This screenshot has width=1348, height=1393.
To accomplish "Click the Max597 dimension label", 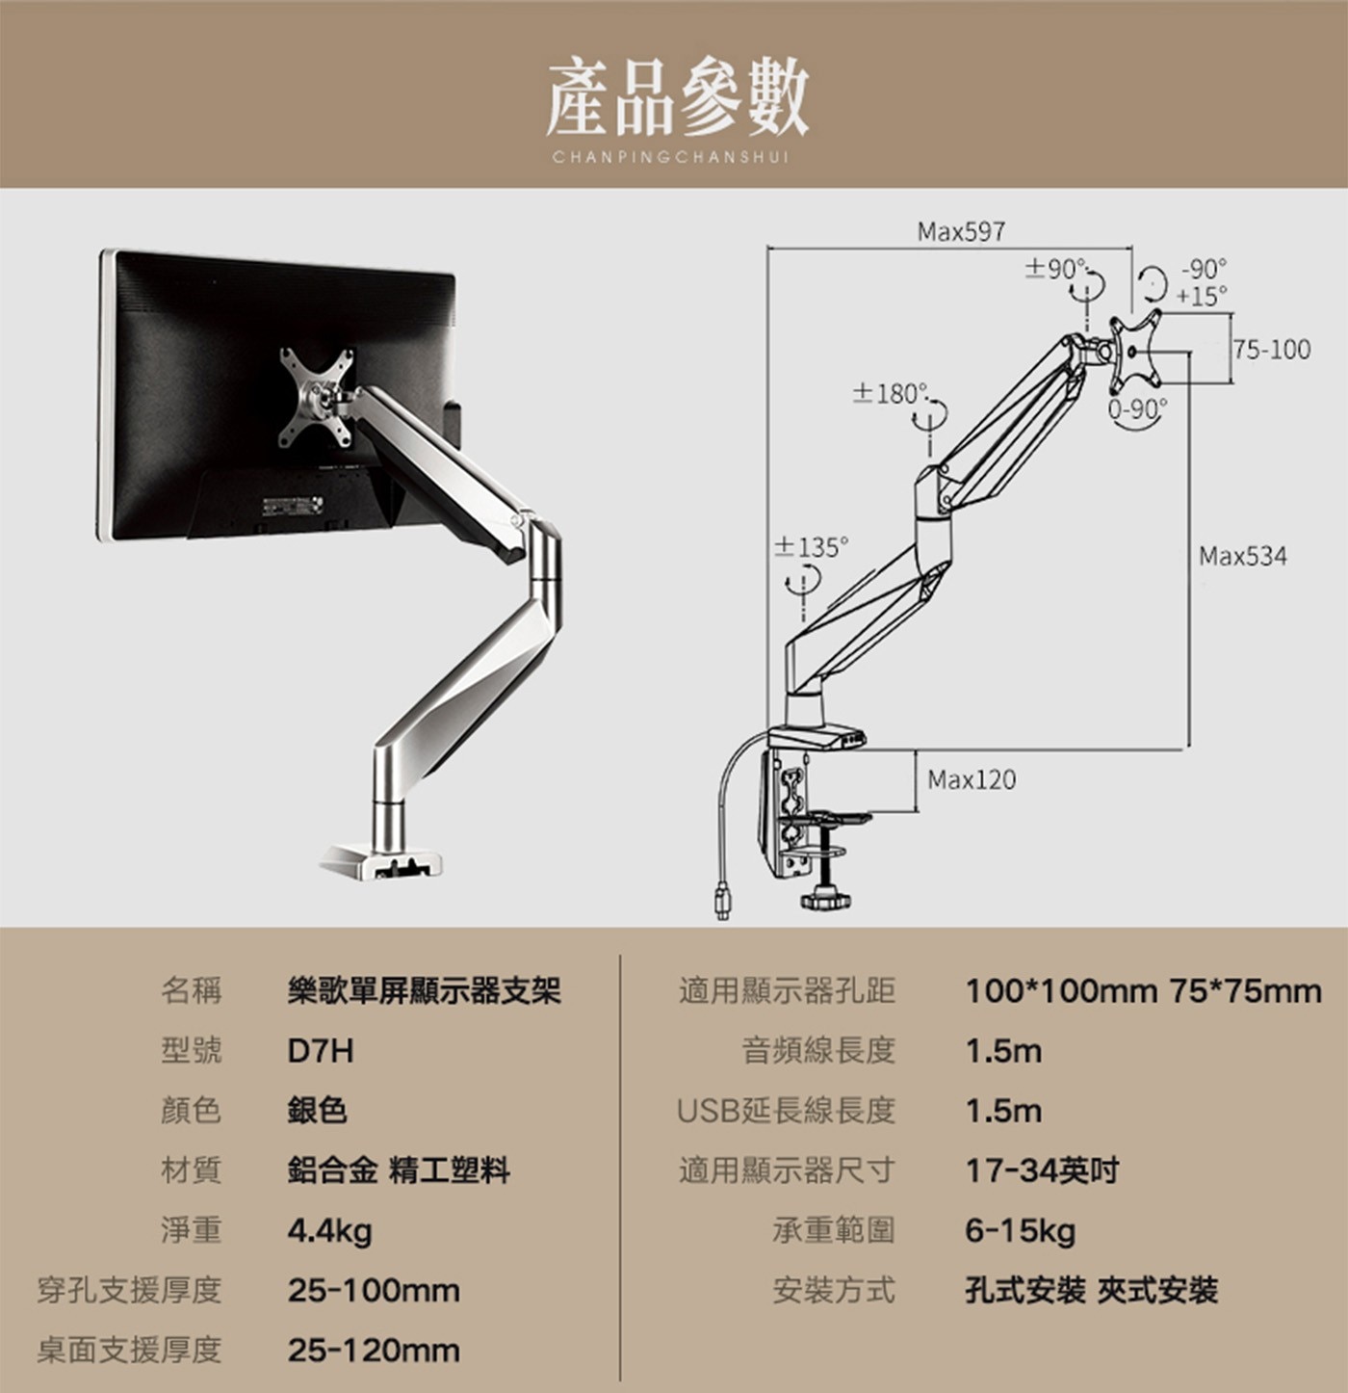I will [x=961, y=232].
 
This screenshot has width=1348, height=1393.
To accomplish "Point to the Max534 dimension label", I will [x=1242, y=556].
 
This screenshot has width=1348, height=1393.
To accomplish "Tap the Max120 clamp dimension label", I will [x=971, y=779].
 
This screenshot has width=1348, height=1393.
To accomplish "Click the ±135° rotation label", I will [x=814, y=547].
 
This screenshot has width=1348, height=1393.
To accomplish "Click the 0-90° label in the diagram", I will [x=1137, y=409].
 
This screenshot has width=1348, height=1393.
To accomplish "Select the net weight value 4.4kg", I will [x=329, y=1230].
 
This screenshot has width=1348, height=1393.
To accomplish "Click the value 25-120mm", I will [x=374, y=1350].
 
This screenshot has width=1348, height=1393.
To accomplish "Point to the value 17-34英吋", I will [x=1042, y=1170].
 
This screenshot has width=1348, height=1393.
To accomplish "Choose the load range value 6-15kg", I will [x=1020, y=1230].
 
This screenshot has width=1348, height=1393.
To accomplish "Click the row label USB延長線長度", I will [x=786, y=1111].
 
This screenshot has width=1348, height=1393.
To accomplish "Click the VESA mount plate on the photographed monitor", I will [x=316, y=397].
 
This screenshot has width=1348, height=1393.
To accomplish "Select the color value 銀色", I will [x=317, y=1111].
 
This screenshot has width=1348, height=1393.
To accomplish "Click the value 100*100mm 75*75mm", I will [x=1143, y=990].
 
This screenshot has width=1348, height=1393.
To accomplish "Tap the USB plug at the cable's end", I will [x=722, y=904].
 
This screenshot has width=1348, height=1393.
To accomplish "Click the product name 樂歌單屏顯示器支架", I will [x=424, y=990].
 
